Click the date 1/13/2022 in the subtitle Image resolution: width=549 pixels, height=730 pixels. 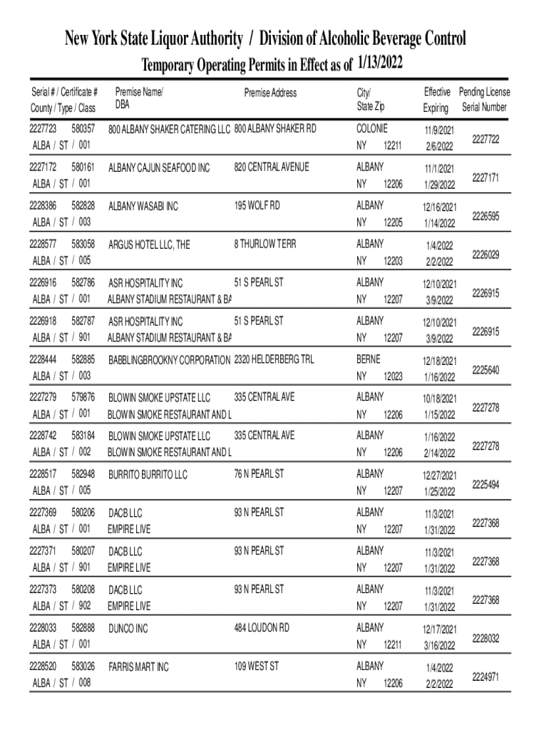[380, 66]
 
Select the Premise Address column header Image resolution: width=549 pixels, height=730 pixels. [270, 93]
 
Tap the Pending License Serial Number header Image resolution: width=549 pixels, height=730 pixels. [484, 100]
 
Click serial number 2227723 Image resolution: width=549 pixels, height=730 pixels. [43, 129]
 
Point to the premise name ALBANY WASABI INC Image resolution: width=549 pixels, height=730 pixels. [143, 207]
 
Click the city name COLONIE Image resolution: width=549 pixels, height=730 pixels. [372, 128]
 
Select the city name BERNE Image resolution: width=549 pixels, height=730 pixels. [369, 359]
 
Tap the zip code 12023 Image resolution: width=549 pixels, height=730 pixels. [393, 376]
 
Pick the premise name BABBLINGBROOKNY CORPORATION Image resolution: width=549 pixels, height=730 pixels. [169, 360]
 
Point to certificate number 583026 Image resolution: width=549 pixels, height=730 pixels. [83, 667]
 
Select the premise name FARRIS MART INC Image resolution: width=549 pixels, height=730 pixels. [138, 668]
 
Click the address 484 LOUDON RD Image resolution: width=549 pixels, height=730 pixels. [262, 628]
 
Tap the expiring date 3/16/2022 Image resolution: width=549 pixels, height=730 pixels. [438, 646]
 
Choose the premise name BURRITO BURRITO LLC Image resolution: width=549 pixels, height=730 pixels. [148, 474]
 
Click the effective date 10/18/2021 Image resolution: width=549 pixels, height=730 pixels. [438, 399]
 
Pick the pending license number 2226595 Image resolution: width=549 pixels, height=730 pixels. [486, 215]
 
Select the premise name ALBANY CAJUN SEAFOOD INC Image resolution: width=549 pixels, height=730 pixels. [159, 168]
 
